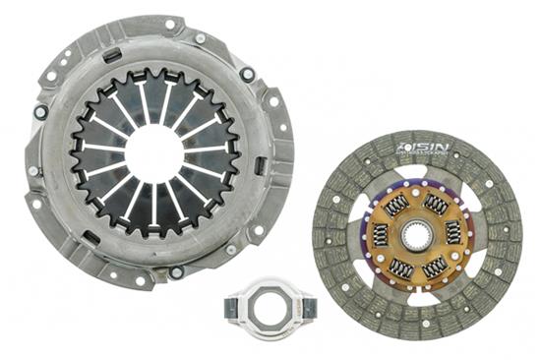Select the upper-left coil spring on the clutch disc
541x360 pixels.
point(395,206)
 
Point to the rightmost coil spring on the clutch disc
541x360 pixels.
point(453,232)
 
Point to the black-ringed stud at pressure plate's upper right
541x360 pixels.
point(247,74)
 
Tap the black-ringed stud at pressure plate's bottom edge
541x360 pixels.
point(176,272)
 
